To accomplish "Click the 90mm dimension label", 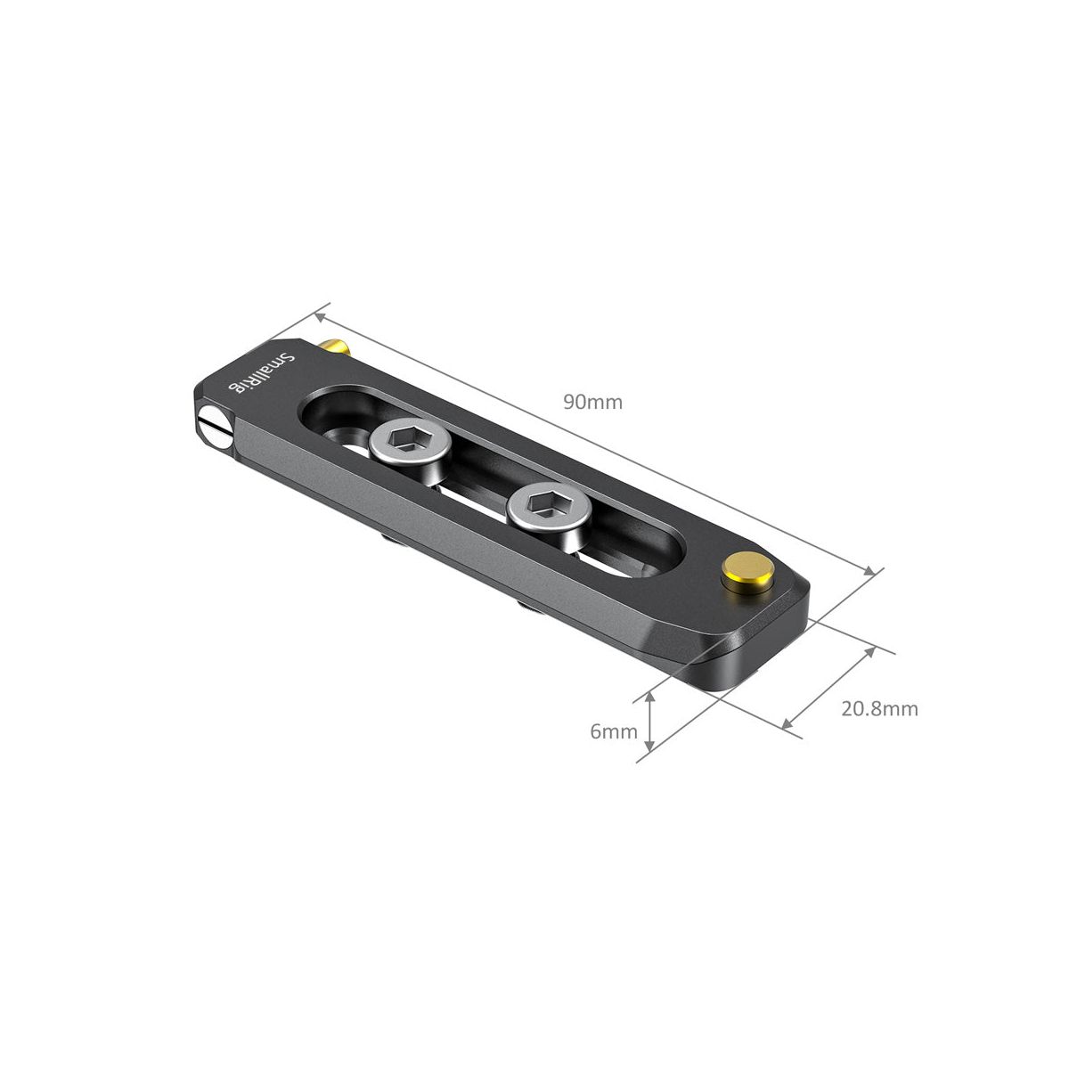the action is point(592,402).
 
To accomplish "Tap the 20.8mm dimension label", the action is point(879,709).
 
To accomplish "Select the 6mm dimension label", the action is point(614,731).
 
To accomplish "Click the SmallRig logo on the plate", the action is point(262,372).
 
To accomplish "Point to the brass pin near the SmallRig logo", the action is point(335,347).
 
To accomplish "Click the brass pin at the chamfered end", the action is point(747,572).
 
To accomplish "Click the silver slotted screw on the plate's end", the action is point(216,427).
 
